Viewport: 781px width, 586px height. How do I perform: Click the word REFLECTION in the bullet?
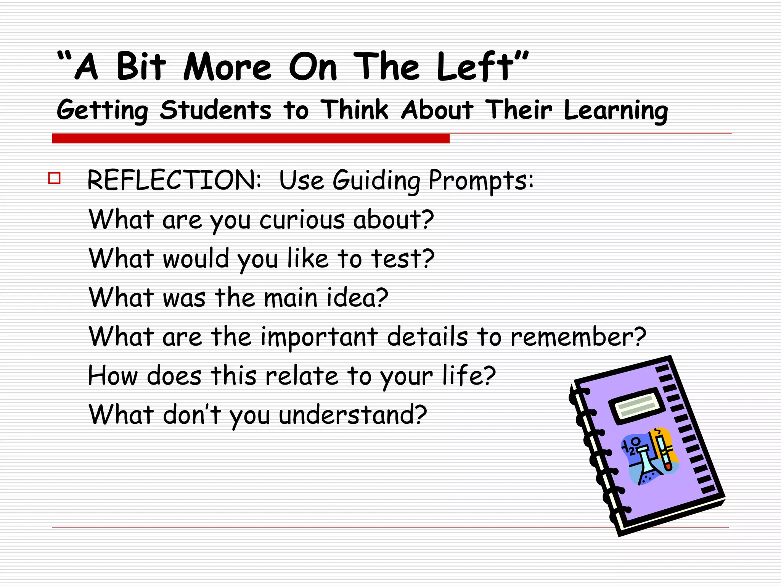pyautogui.click(x=174, y=180)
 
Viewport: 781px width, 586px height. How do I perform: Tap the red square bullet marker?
pyautogui.click(x=54, y=178)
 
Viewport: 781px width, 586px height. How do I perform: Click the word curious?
pyautogui.click(x=302, y=220)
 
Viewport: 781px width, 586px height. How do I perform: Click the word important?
pyautogui.click(x=319, y=337)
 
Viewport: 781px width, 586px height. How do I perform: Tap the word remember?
pyautogui.click(x=578, y=337)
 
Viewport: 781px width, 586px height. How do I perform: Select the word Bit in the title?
pyautogui.click(x=141, y=67)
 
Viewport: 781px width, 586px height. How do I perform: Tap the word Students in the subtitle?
pyautogui.click(x=215, y=110)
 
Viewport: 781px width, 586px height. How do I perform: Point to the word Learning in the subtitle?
pyautogui.click(x=615, y=111)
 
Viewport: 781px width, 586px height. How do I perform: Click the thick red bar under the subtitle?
pyautogui.click(x=251, y=138)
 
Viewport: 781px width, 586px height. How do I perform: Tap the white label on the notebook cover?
pyautogui.click(x=636, y=406)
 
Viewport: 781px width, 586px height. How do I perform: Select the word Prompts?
pyautogui.click(x=481, y=180)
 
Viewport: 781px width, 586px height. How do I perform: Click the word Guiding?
pyautogui.click(x=376, y=180)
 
